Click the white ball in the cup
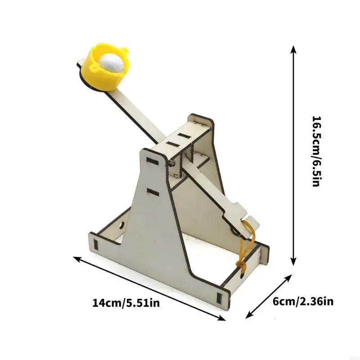click(x=112, y=63)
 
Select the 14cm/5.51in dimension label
click(x=126, y=303)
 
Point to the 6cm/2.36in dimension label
click(x=303, y=301)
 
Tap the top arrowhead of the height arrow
click(x=293, y=49)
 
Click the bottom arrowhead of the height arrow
click(x=293, y=261)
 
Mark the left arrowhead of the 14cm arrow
click(x=77, y=259)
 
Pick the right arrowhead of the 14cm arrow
click(x=221, y=318)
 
